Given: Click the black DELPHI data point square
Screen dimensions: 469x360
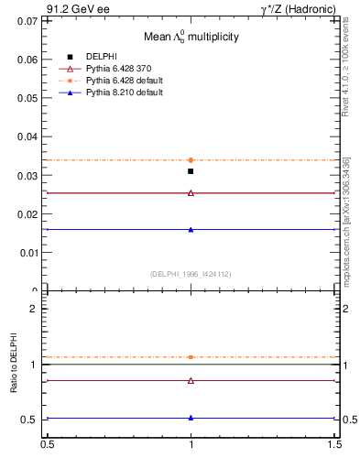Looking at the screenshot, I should pyautogui.click(x=191, y=171).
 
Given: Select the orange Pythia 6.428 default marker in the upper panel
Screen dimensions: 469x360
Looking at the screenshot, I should pyautogui.click(x=191, y=160).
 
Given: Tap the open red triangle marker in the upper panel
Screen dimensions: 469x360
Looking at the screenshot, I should pyautogui.click(x=191, y=192).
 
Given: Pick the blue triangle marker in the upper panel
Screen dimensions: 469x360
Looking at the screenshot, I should pyautogui.click(x=191, y=229).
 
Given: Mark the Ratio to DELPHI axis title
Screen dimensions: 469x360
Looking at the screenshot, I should pyautogui.click(x=15, y=364).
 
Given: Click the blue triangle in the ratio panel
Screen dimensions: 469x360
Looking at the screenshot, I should pyautogui.click(x=191, y=418).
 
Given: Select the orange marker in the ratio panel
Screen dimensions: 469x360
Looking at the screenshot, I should pyautogui.click(x=191, y=357).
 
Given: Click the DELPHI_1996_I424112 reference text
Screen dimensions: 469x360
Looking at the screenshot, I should pyautogui.click(x=191, y=273).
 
